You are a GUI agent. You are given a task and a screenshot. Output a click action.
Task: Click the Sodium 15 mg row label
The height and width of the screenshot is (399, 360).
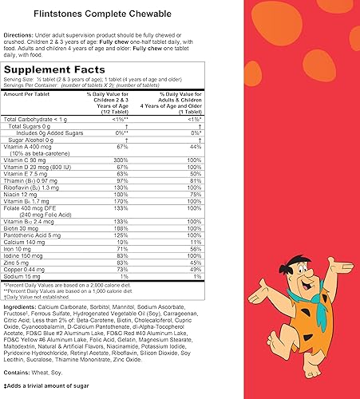27,275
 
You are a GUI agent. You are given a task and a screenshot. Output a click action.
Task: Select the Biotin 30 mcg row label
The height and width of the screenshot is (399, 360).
27,227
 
